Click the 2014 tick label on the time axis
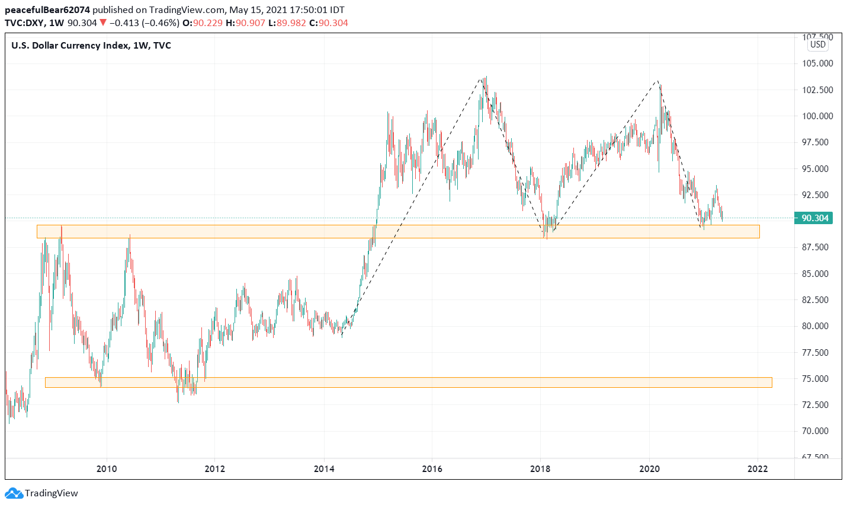coord(324,469)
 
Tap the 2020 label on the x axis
coord(650,469)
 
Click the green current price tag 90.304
coord(814,218)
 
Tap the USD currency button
coord(818,44)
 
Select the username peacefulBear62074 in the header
coord(47,10)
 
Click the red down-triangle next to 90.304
coord(103,23)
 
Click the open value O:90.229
coord(204,23)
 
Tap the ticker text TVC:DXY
coord(25,23)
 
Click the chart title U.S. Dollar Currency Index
coord(69,46)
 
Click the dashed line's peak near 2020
coord(656,81)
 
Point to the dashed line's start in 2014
coord(342,336)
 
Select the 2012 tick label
coord(215,469)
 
